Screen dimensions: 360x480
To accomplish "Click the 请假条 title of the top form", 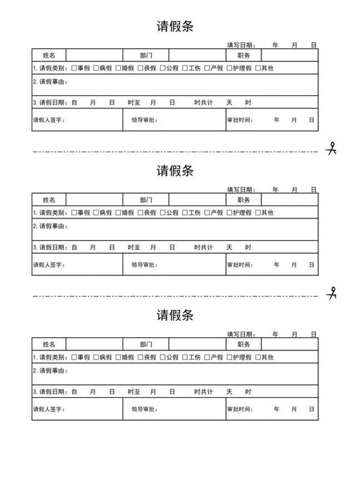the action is [x=175, y=27].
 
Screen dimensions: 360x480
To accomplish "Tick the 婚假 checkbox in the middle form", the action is [x=118, y=213].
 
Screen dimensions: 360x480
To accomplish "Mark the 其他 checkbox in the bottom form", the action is [x=258, y=357].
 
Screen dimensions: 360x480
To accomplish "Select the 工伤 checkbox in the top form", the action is [x=185, y=68].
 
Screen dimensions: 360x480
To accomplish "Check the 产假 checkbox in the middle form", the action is [x=207, y=213].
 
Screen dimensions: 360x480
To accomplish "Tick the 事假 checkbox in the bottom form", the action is [x=74, y=357].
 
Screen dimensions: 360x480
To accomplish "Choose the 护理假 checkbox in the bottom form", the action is [x=230, y=357].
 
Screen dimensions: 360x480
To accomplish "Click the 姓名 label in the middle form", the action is [x=49, y=200].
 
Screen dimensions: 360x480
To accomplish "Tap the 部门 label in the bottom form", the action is [x=146, y=344].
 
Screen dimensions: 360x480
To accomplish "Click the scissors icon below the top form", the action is [x=332, y=149].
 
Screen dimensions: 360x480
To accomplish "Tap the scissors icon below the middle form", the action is [x=332, y=293].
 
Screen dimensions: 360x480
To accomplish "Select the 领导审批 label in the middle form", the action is [x=145, y=265].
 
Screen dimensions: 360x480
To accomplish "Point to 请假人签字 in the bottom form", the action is [x=49, y=409].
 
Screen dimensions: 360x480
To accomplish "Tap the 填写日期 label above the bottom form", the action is [x=241, y=334].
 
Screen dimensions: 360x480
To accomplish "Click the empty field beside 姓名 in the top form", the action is [x=94, y=55].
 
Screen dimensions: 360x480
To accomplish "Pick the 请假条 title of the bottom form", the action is [x=175, y=316].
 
